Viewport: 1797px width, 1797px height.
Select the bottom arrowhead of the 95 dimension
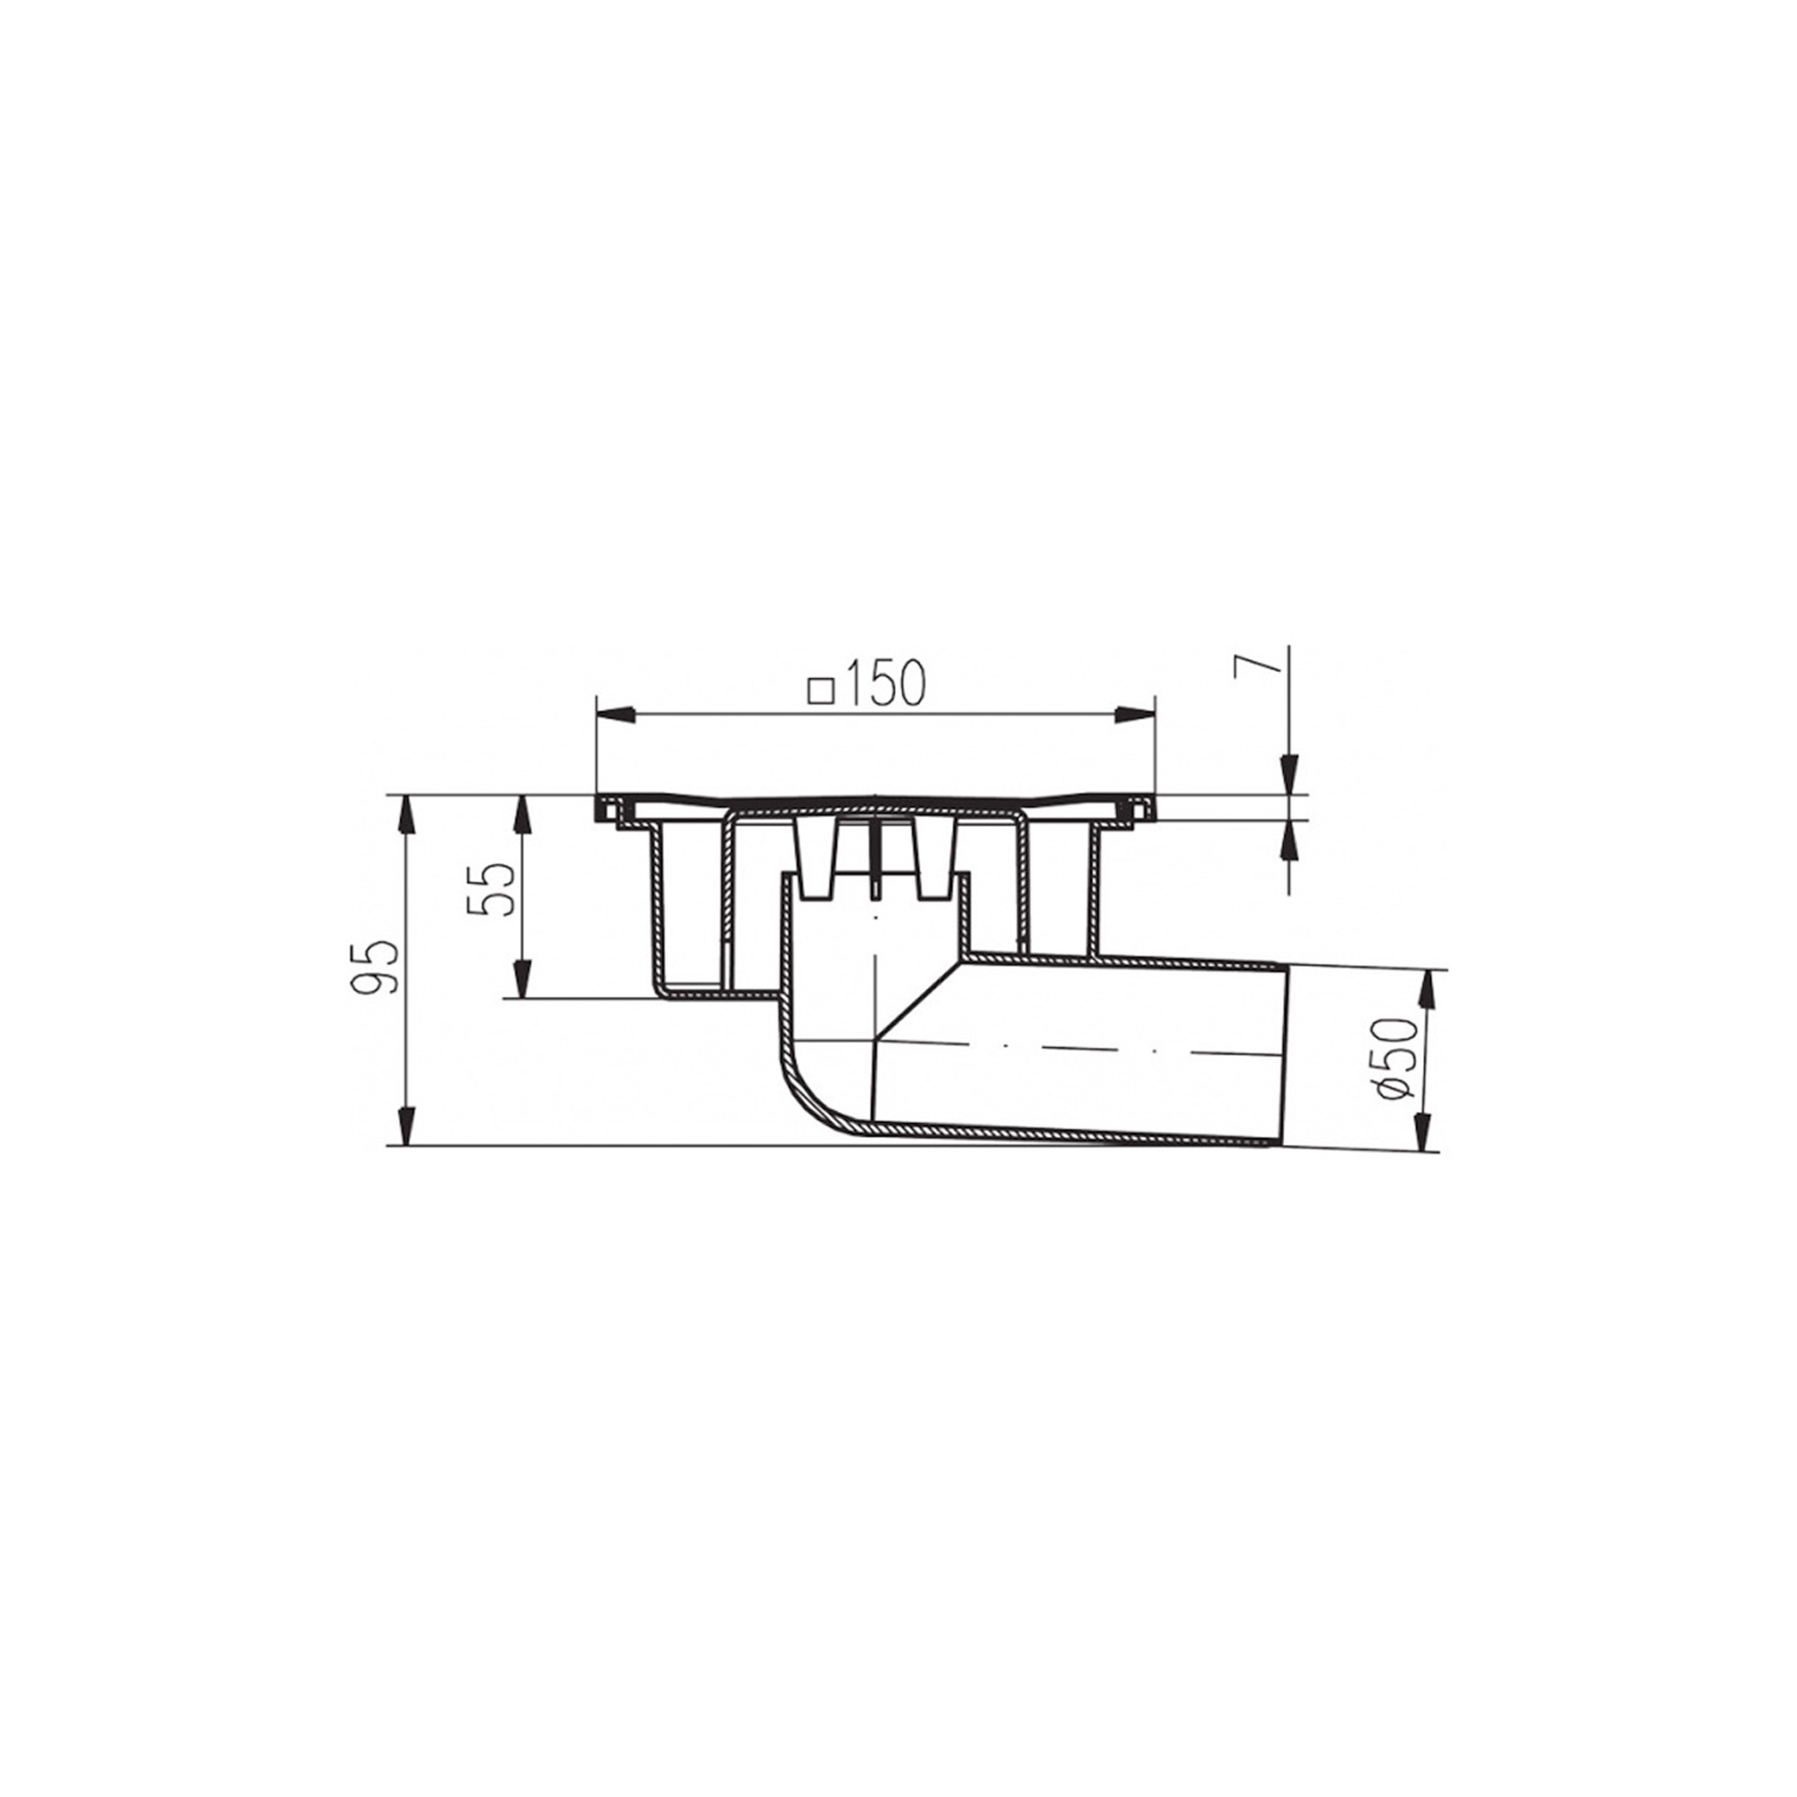[405, 1125]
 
